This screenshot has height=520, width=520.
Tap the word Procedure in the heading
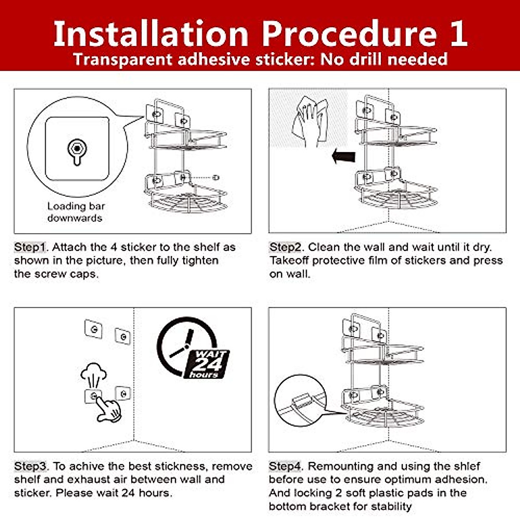tap(350, 33)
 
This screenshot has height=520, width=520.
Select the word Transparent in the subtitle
tap(123, 59)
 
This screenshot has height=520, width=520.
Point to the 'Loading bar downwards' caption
tap(76, 212)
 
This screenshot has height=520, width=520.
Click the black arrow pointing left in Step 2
tap(344, 156)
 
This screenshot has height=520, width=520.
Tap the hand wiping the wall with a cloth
tap(310, 121)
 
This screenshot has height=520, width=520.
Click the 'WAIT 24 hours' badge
tap(206, 364)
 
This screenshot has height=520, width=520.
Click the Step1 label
tap(30, 247)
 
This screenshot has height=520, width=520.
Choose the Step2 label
tap(285, 247)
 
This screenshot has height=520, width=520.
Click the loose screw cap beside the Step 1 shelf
tap(215, 178)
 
